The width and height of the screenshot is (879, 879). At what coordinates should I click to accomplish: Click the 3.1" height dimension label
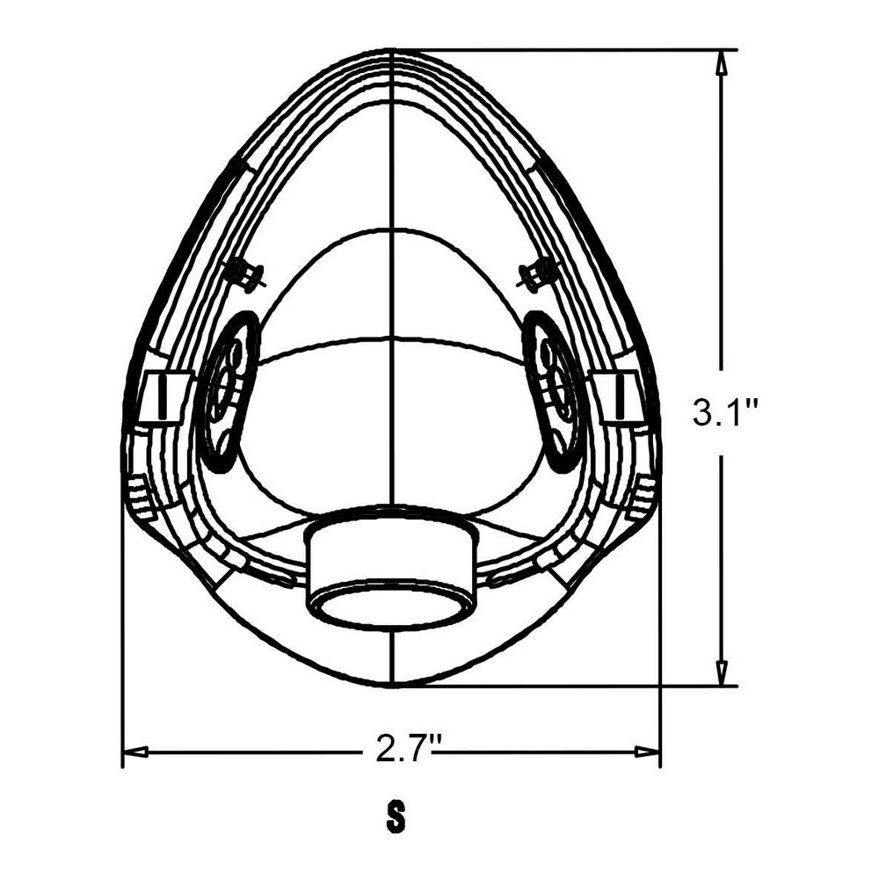coord(726,414)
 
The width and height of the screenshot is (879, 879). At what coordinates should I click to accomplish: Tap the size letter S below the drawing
coord(396,817)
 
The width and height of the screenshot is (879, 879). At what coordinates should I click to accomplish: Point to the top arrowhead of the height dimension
coord(722,62)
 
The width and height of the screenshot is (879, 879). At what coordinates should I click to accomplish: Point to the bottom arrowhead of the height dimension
coord(722,672)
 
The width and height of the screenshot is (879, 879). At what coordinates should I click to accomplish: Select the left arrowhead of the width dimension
coord(135,752)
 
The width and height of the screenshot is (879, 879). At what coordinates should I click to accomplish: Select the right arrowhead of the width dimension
coord(647,752)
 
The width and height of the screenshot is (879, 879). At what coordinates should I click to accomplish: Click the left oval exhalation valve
coord(229,392)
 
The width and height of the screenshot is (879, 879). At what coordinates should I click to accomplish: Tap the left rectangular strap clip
coord(163,397)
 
